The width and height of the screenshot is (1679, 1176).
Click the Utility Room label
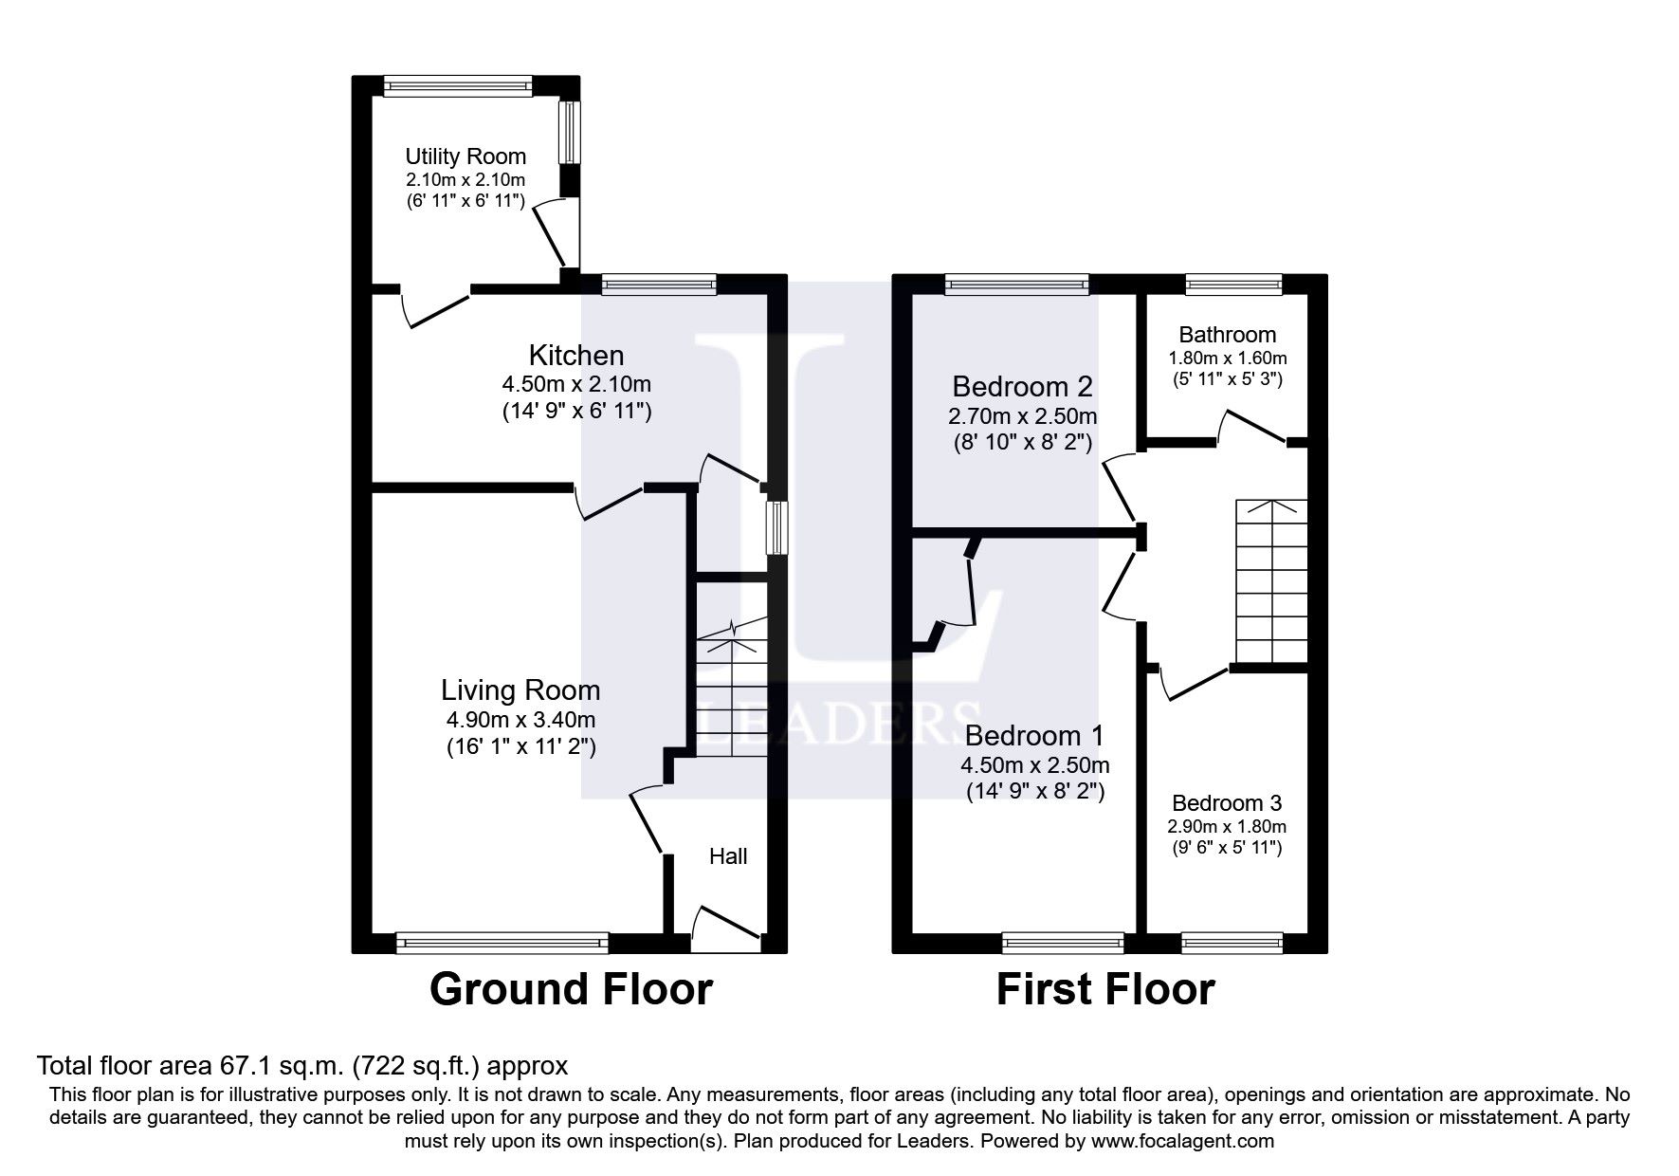[465, 156]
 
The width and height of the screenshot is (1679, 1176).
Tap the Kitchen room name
[576, 356]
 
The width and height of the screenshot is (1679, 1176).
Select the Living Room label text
[520, 690]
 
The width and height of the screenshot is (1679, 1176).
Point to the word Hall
[728, 856]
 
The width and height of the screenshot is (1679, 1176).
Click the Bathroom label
[1228, 335]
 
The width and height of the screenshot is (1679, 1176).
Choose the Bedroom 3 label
[1227, 803]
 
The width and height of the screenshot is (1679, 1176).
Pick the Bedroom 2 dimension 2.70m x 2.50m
[1023, 416]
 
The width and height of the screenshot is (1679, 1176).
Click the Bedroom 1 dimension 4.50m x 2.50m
[1035, 765]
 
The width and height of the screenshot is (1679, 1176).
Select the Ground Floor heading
[571, 989]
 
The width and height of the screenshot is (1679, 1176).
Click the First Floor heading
[1105, 989]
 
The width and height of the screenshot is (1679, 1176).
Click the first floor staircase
[1270, 581]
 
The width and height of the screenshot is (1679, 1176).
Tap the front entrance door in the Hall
[727, 929]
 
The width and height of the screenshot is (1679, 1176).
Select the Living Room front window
[502, 942]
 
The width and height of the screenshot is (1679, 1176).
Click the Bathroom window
[1233, 283]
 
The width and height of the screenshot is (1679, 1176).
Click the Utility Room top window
[458, 85]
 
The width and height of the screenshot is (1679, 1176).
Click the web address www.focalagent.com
[1182, 1142]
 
